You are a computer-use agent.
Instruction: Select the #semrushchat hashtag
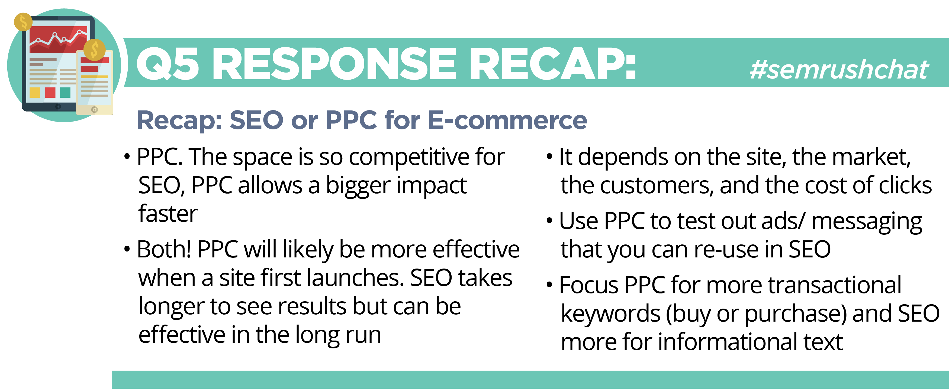click(839, 70)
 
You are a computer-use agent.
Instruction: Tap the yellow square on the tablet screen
click(35, 92)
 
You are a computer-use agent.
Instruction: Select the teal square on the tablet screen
click(65, 92)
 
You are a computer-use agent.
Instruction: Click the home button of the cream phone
click(95, 109)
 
